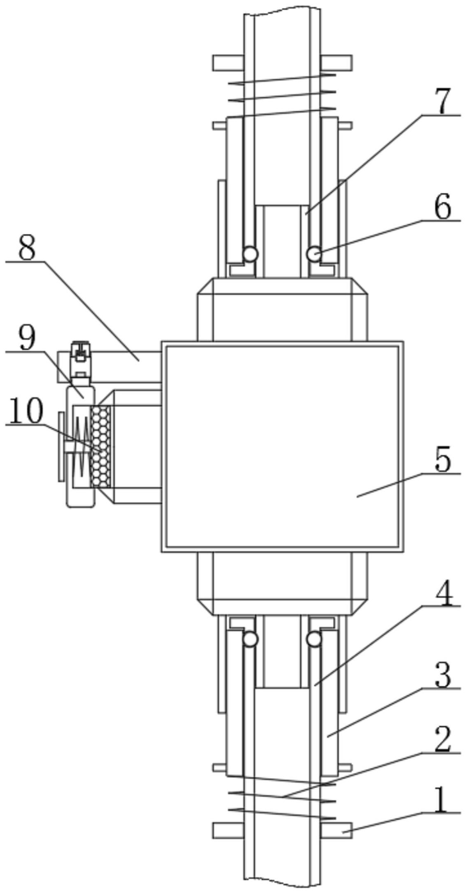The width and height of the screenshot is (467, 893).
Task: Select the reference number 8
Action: click(27, 248)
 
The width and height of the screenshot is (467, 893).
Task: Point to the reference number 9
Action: click(27, 338)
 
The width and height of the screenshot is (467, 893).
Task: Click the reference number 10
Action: click(25, 411)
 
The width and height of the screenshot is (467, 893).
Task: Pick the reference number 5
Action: click(442, 459)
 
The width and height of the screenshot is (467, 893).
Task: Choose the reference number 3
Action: click(442, 674)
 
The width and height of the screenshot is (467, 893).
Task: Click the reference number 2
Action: click(442, 739)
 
